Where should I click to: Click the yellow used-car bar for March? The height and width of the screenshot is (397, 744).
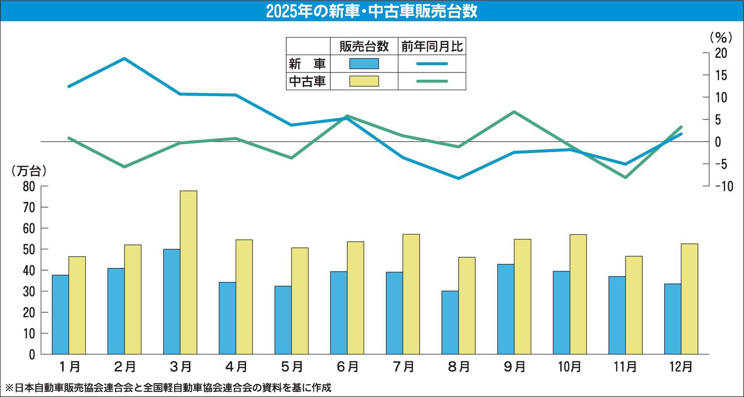click(188, 272)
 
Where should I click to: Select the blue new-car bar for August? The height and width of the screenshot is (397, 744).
click(450, 322)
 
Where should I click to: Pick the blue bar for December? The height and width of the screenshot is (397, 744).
click(673, 319)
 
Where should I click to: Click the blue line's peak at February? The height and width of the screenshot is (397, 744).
click(124, 58)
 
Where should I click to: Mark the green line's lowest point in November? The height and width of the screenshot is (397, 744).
click(625, 177)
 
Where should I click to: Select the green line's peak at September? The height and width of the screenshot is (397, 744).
click(514, 112)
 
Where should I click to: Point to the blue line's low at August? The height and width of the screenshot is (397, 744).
click(459, 178)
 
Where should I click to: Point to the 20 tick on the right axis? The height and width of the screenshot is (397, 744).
click(721, 53)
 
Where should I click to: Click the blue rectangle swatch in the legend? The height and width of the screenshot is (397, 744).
click(364, 63)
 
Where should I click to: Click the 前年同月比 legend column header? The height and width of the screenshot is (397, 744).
click(432, 47)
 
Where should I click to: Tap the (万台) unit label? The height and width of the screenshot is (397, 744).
click(29, 171)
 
